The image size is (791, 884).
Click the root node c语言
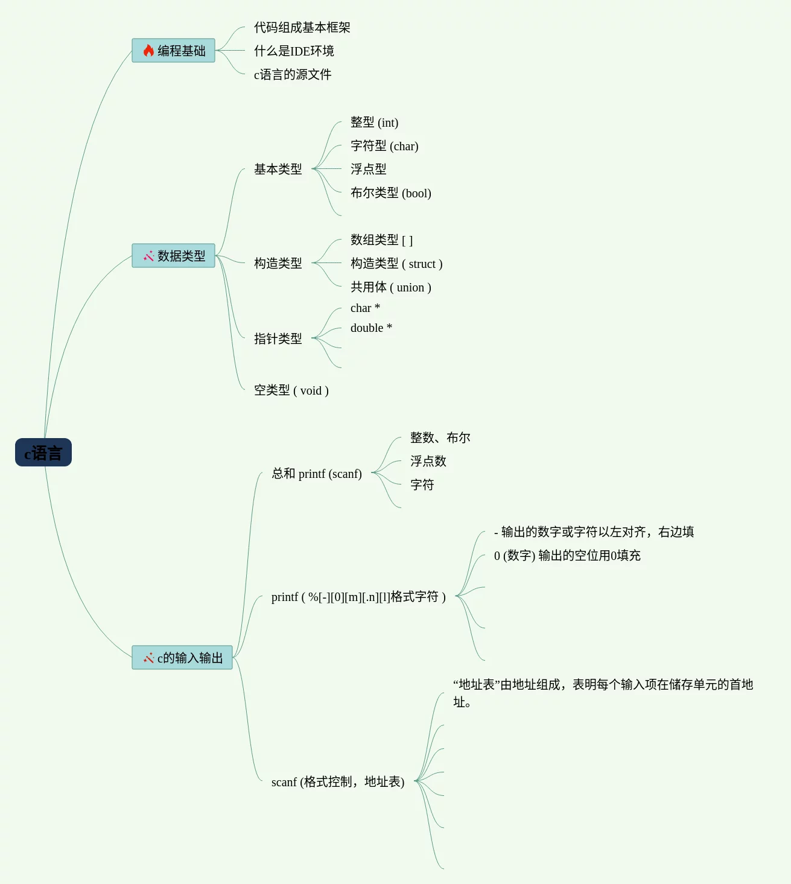[x=43, y=453]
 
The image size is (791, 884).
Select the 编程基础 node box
[x=174, y=51]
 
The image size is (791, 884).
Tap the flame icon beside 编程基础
[x=148, y=51]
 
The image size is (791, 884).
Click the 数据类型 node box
[x=174, y=256]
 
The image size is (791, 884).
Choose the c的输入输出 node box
[x=182, y=658]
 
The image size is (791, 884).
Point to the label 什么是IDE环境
[x=294, y=51]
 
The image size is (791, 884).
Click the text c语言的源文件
[x=293, y=75]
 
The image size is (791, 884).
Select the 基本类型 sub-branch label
[x=278, y=170]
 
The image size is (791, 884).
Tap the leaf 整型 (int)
[x=374, y=122]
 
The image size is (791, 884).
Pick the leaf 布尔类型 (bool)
[x=390, y=193]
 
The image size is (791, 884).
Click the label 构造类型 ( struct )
[x=396, y=264]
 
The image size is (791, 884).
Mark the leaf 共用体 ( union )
[x=390, y=287]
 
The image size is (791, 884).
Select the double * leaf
[x=371, y=328]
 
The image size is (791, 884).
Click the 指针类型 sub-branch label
[x=278, y=339]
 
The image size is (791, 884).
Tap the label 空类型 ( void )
[x=291, y=390]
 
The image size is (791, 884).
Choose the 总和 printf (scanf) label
[x=317, y=474]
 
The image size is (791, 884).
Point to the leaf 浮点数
[x=428, y=462]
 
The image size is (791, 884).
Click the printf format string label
[x=358, y=597]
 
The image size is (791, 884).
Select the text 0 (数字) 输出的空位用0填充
[x=567, y=556]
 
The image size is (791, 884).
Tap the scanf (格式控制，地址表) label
[x=338, y=782]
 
